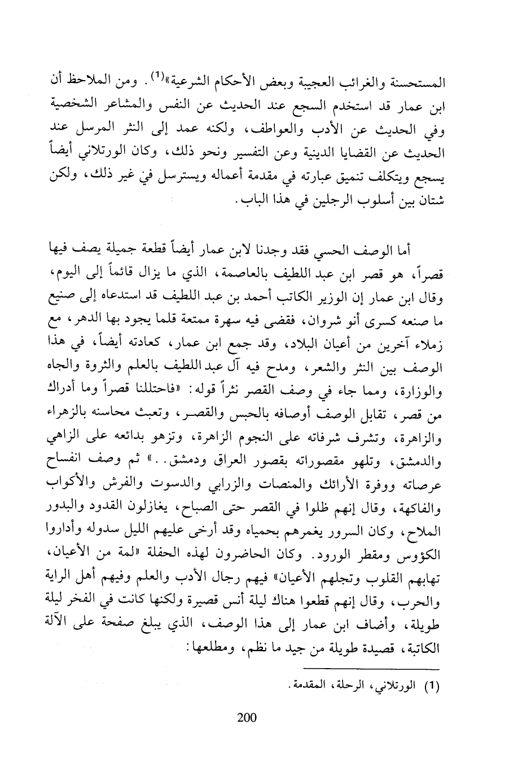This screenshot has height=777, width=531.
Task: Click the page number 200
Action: coord(247,717)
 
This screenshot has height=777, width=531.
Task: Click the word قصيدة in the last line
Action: coord(372,649)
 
